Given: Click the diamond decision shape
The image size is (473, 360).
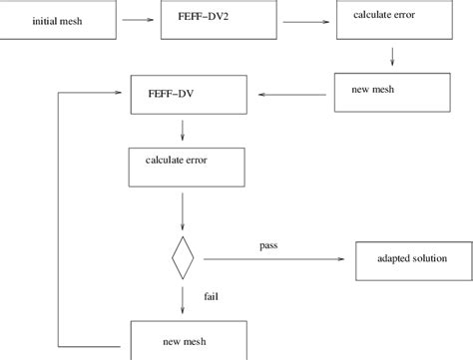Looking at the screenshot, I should tap(183, 259).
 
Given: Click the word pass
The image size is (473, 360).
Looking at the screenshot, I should tap(268, 244).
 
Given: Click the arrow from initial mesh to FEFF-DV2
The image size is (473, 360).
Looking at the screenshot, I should tap(135, 17).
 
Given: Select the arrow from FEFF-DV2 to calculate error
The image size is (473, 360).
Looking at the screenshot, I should tap(305, 18).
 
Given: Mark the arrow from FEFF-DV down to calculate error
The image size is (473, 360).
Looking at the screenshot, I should tap(183, 130).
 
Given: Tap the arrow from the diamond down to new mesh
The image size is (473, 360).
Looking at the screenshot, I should tap(183, 299).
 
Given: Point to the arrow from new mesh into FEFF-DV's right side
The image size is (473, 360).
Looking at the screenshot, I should tap(293, 95).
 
